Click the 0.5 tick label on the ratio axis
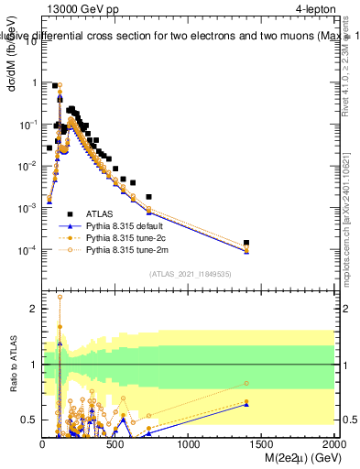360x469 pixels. (x=30, y=420)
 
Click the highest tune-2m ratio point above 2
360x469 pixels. (x=60, y=297)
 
